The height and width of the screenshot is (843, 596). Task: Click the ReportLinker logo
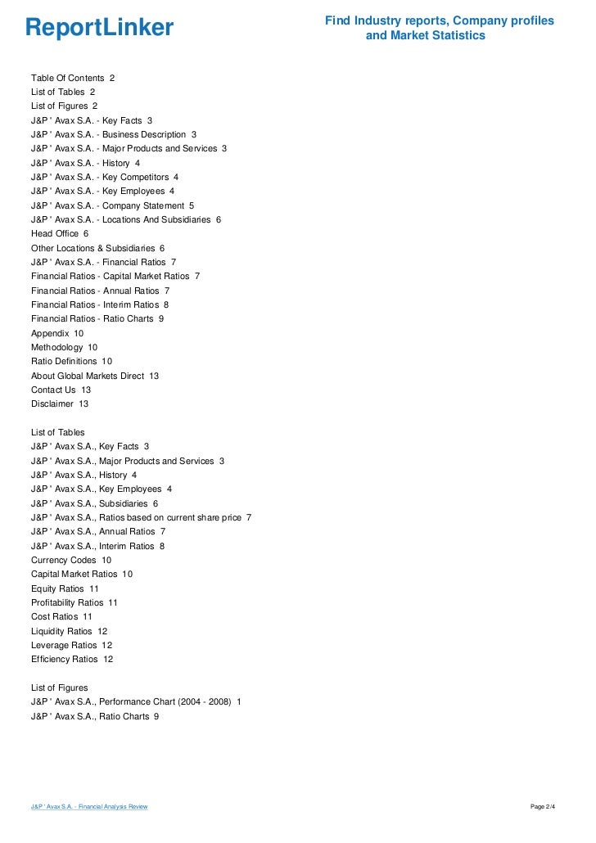[x=99, y=28]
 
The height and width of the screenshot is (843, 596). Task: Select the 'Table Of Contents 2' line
[x=73, y=78]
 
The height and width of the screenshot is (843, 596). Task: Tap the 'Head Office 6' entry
[x=60, y=233]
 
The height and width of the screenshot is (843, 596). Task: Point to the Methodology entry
[x=64, y=347]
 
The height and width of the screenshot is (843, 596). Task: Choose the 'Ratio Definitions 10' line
[x=71, y=361]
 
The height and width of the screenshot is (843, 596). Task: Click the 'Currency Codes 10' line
[x=71, y=560]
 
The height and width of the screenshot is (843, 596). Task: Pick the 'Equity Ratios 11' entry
[x=65, y=588]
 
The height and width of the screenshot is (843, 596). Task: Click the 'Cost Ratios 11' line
[x=61, y=616]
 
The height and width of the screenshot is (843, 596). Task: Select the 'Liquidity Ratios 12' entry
[x=69, y=631]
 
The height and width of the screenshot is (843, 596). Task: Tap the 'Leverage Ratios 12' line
[x=71, y=645]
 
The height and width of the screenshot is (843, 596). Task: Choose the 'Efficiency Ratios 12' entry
[x=72, y=659]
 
